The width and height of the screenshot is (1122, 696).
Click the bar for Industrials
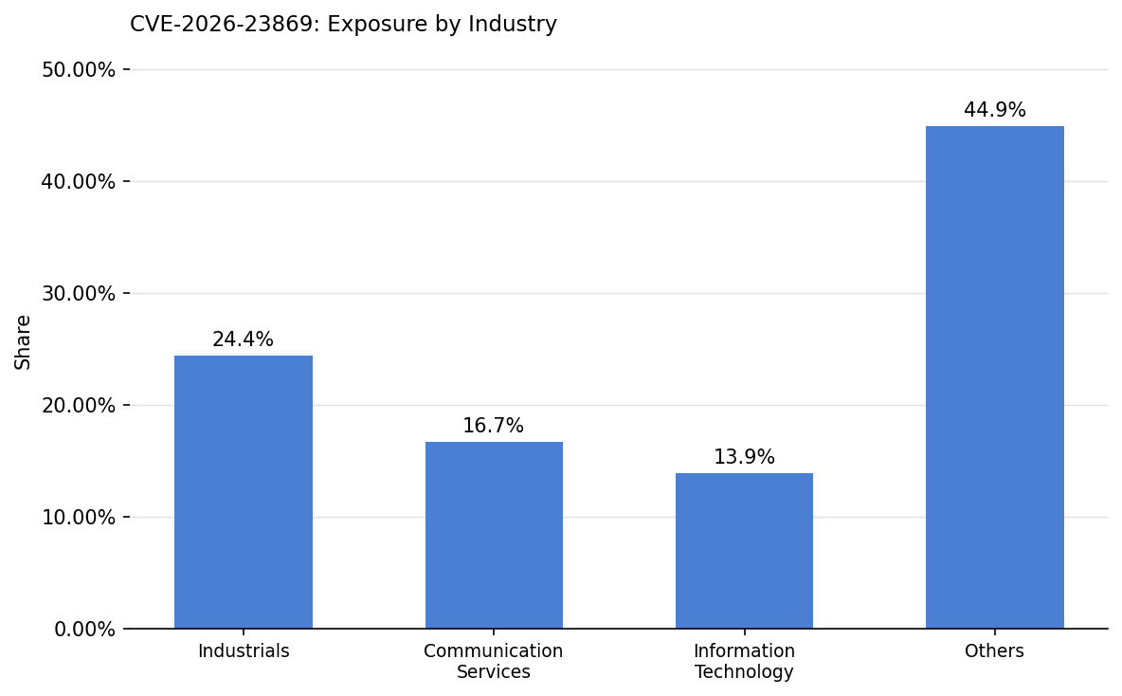click(244, 492)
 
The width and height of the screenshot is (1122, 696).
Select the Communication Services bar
click(494, 535)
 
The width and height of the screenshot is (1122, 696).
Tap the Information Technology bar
click(744, 551)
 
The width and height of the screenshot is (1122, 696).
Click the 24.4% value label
click(243, 339)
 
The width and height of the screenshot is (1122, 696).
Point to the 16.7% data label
click(493, 427)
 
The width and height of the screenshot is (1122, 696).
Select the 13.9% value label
click(744, 457)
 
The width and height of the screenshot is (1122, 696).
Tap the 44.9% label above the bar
click(994, 110)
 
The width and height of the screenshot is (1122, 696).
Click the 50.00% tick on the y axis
click(79, 70)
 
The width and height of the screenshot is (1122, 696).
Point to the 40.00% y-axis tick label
click(79, 182)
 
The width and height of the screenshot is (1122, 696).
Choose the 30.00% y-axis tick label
click(79, 294)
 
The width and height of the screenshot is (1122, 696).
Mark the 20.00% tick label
click(79, 406)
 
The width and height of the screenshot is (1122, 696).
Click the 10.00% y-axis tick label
click(79, 518)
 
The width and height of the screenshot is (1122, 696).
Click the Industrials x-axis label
click(244, 651)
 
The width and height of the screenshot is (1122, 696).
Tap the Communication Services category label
click(494, 662)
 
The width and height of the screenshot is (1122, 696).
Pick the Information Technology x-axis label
click(744, 662)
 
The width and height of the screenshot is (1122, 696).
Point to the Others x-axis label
click(994, 651)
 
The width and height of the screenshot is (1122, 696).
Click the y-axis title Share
click(24, 341)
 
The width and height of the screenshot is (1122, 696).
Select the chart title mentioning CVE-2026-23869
click(343, 25)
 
